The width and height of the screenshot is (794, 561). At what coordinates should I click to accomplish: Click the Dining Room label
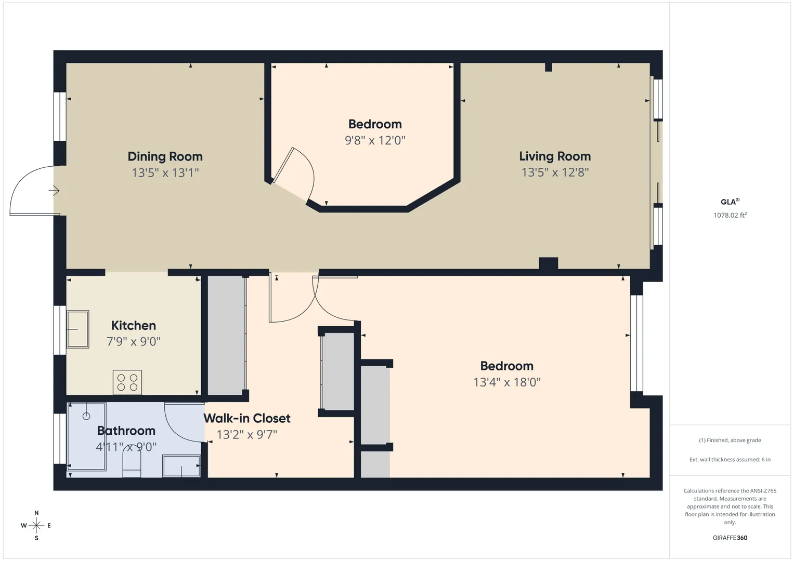pyautogui.click(x=165, y=156)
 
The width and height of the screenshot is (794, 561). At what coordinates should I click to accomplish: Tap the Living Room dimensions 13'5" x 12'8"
pyautogui.click(x=555, y=172)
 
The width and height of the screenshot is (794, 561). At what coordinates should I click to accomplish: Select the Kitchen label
pyautogui.click(x=134, y=325)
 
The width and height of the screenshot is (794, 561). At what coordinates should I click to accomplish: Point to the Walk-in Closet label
pyautogui.click(x=247, y=418)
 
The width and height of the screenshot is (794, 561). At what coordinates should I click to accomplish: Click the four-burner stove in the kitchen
pyautogui.click(x=127, y=382)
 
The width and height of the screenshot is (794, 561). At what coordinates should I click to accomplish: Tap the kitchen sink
pyautogui.click(x=77, y=329)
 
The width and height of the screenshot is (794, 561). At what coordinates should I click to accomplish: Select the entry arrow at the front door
pyautogui.click(x=54, y=191)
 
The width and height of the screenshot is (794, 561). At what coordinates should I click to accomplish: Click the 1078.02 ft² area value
pyautogui.click(x=730, y=215)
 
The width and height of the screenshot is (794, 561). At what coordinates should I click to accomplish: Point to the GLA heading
pyautogui.click(x=730, y=202)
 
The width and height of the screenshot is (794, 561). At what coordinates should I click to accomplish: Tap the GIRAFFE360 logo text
pyautogui.click(x=730, y=538)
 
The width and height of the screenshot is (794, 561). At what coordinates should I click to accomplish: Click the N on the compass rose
pyautogui.click(x=36, y=513)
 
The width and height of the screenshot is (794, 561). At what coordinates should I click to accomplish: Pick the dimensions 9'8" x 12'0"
pyautogui.click(x=375, y=140)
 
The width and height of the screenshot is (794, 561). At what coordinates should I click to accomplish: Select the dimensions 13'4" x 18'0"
pyautogui.click(x=507, y=382)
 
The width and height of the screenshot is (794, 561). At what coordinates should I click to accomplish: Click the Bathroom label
pyautogui.click(x=126, y=430)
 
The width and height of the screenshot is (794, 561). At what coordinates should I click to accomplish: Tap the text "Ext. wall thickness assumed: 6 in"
pyautogui.click(x=730, y=459)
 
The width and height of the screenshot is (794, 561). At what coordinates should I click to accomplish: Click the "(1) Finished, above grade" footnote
pyautogui.click(x=730, y=440)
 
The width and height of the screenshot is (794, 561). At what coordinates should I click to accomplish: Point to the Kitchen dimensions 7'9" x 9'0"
pyautogui.click(x=134, y=341)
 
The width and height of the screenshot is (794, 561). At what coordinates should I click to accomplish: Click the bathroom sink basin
pyautogui.click(x=181, y=466)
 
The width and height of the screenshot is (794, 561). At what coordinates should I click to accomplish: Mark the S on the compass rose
pyautogui.click(x=36, y=538)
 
